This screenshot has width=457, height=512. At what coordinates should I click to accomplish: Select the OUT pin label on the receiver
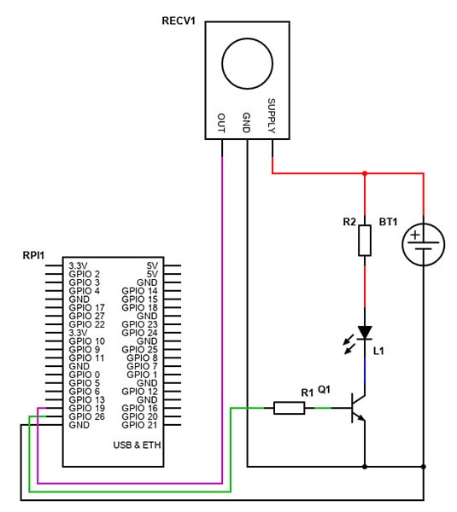coord(222,123)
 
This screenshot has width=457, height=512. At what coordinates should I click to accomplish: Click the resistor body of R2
coord(365,240)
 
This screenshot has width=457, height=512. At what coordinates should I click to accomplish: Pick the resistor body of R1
coord(289,408)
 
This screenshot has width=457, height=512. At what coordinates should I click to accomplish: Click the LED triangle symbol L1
coord(365,332)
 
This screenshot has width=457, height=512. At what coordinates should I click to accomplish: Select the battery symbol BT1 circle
coord(424,244)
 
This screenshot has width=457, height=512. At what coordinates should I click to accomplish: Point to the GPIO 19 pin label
coord(86,408)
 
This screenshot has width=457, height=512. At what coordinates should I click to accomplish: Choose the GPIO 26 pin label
coord(86,416)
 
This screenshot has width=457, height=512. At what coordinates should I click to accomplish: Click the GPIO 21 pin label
coord(141,424)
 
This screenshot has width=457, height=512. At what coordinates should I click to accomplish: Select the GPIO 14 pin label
coord(140,291)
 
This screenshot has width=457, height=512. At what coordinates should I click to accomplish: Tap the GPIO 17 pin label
coord(86,308)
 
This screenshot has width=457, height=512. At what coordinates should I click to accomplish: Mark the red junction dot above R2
coord(365,173)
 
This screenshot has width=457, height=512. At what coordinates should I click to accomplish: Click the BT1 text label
coord(389,221)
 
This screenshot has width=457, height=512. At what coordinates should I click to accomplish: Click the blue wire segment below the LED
coord(365,365)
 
